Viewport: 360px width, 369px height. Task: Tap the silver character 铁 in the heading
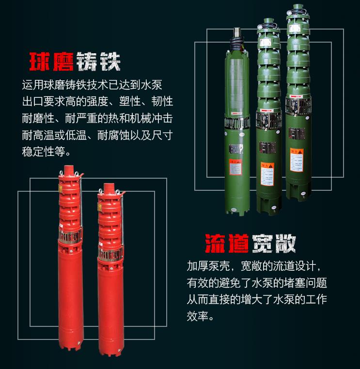[110, 61]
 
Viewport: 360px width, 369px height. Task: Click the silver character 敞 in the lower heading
[285, 243]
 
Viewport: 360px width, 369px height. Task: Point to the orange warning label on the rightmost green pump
[297, 160]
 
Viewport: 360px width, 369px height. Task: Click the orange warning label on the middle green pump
[267, 174]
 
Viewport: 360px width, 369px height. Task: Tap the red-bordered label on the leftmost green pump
[235, 167]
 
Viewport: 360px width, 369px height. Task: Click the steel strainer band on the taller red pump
[70, 236]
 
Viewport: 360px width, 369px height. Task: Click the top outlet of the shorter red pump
[109, 187]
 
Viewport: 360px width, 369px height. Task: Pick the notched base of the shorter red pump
[111, 351]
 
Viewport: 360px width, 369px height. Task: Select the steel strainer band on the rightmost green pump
[298, 106]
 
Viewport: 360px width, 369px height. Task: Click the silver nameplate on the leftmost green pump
[236, 149]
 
